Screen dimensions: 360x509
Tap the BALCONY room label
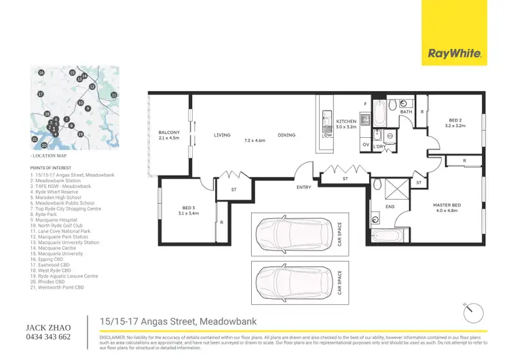click(169, 132)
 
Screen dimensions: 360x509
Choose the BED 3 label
click(189, 208)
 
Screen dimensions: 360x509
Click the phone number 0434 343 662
click(47, 337)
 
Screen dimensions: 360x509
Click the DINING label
click(286, 135)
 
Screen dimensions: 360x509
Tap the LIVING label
click(223, 135)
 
